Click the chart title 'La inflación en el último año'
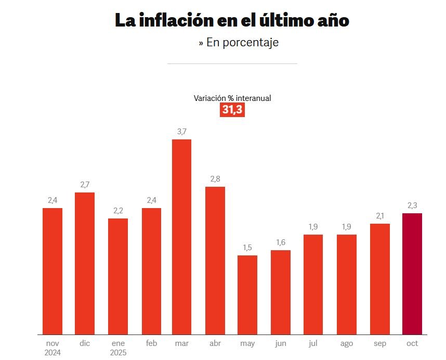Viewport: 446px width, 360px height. (x=232, y=20)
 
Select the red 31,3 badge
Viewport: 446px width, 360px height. (x=232, y=110)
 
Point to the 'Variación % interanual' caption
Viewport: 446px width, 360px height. (x=232, y=98)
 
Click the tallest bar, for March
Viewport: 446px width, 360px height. (x=181, y=237)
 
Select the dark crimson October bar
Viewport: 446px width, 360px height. (x=412, y=274)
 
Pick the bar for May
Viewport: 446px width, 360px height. (x=247, y=294)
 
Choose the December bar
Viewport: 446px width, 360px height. (x=85, y=263)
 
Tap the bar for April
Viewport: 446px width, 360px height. (x=215, y=260)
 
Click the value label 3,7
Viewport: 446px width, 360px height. (x=181, y=132)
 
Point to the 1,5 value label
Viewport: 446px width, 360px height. (x=247, y=248)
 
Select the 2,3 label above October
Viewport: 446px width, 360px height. (x=412, y=205)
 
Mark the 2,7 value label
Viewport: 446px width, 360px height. (x=85, y=185)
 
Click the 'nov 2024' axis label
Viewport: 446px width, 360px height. (x=53, y=348)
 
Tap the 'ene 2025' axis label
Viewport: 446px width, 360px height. (x=118, y=348)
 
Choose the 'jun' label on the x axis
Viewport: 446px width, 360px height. (x=281, y=343)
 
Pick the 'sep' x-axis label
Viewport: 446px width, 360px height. (x=380, y=343)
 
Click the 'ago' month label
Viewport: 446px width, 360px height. (x=347, y=343)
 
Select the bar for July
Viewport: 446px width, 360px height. (x=313, y=284)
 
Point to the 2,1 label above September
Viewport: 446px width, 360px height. (x=380, y=216)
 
